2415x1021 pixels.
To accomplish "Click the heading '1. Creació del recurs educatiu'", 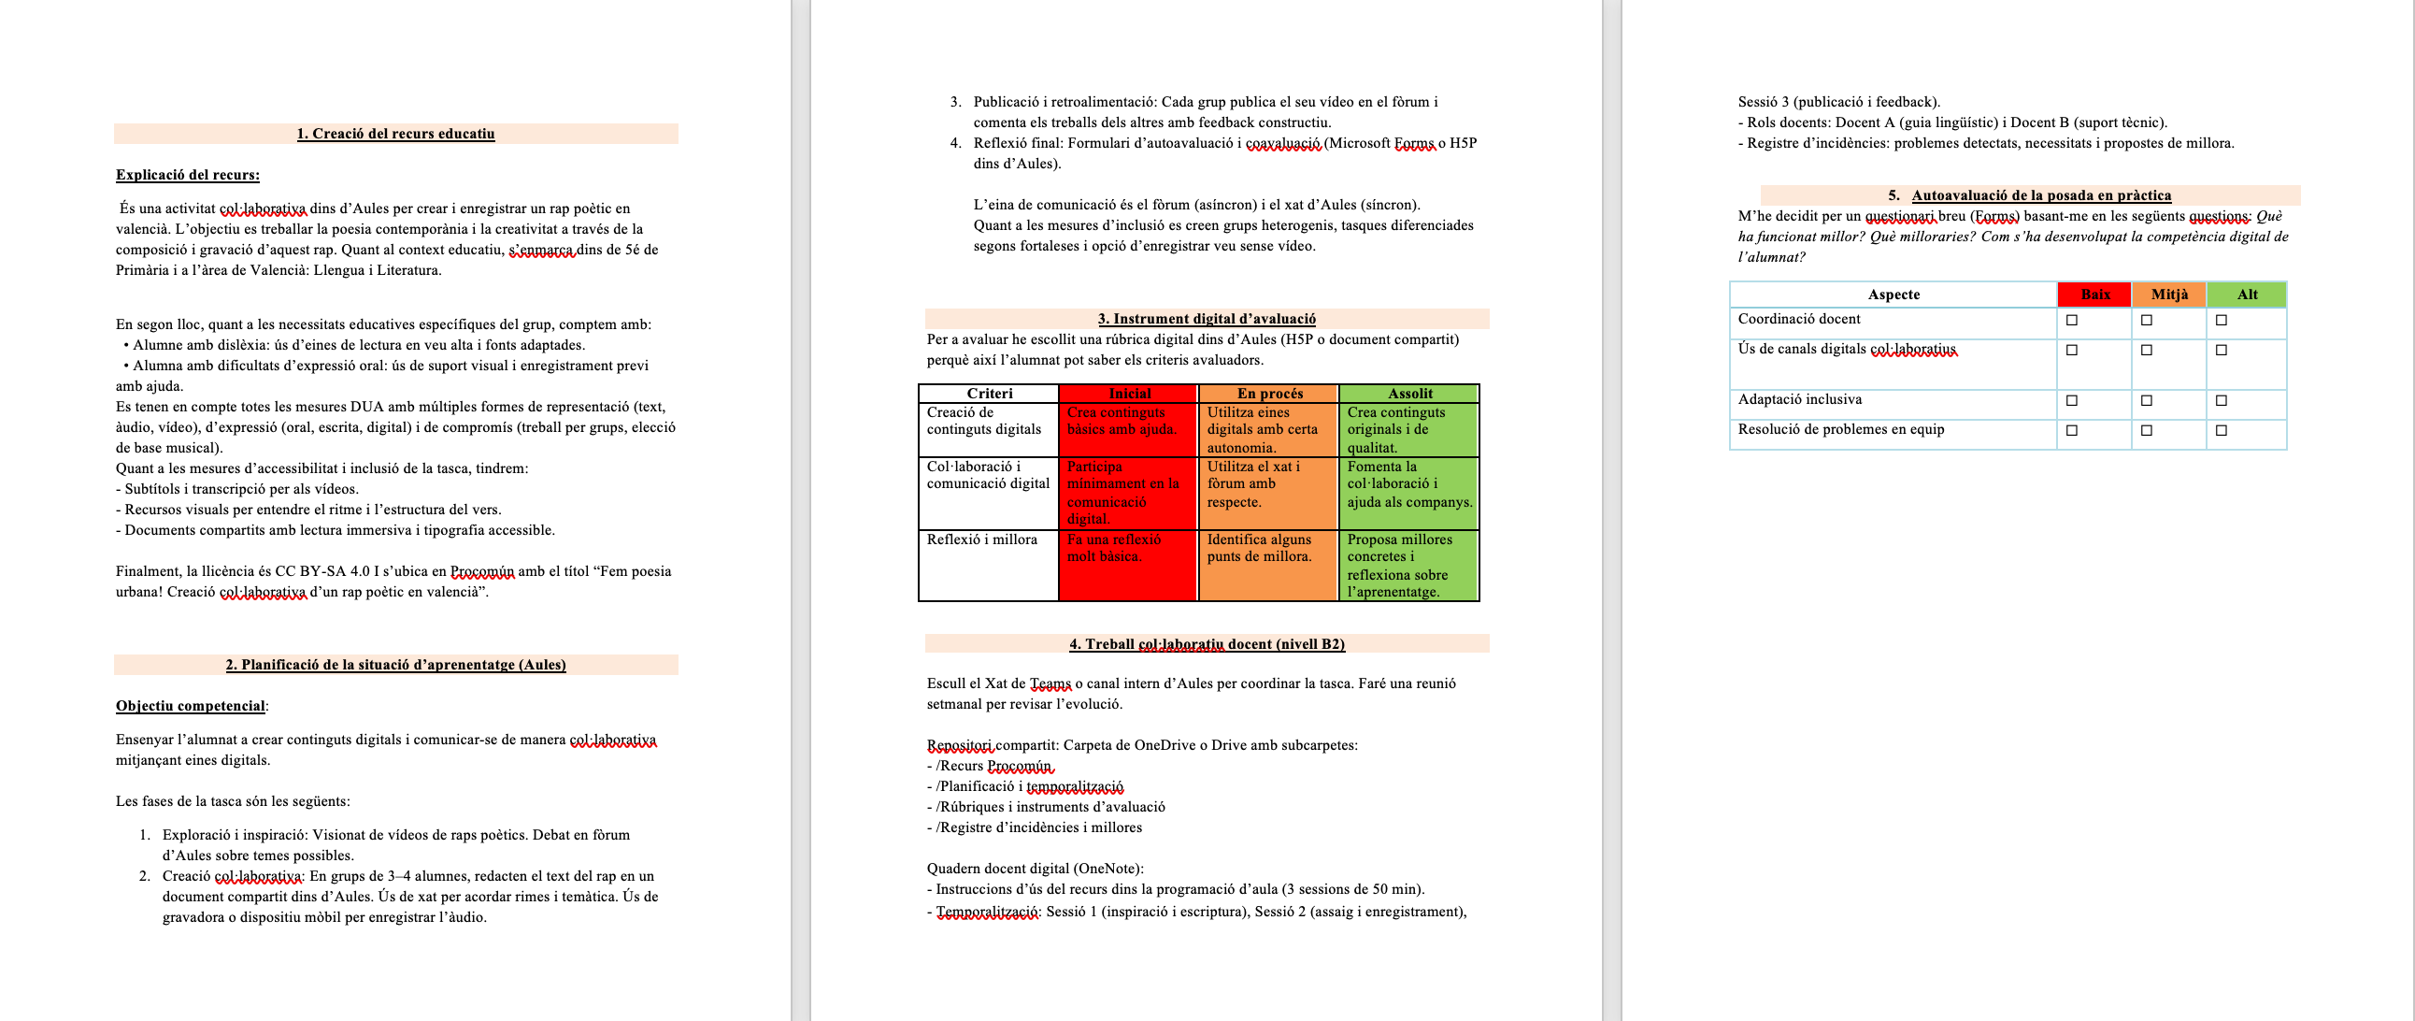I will (395, 134).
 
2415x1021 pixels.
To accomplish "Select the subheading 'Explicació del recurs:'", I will (188, 176).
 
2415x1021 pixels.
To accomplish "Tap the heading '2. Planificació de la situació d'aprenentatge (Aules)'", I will (395, 665).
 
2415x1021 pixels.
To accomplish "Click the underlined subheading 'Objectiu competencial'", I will (191, 706).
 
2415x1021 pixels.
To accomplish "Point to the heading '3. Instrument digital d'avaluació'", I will (1207, 319).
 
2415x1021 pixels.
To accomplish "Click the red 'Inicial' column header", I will (1129, 394).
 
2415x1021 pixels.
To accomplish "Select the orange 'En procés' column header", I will (1268, 394).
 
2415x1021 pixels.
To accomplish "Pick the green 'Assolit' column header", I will (1409, 394).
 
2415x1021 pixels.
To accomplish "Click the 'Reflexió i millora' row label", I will (981, 540).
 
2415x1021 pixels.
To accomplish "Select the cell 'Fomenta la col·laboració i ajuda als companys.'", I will (1408, 484).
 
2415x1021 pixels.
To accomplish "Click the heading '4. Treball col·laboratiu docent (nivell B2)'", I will (1207, 644).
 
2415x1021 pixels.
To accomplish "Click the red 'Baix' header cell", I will (2094, 295).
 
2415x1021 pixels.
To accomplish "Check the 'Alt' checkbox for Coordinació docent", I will (2221, 321).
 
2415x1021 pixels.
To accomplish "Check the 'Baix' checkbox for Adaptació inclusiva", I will (2072, 401).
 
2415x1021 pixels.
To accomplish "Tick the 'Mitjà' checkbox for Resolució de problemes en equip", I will (2147, 431).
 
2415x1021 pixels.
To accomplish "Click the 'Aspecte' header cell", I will (1893, 295).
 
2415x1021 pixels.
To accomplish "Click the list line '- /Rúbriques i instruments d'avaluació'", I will (1046, 807).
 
